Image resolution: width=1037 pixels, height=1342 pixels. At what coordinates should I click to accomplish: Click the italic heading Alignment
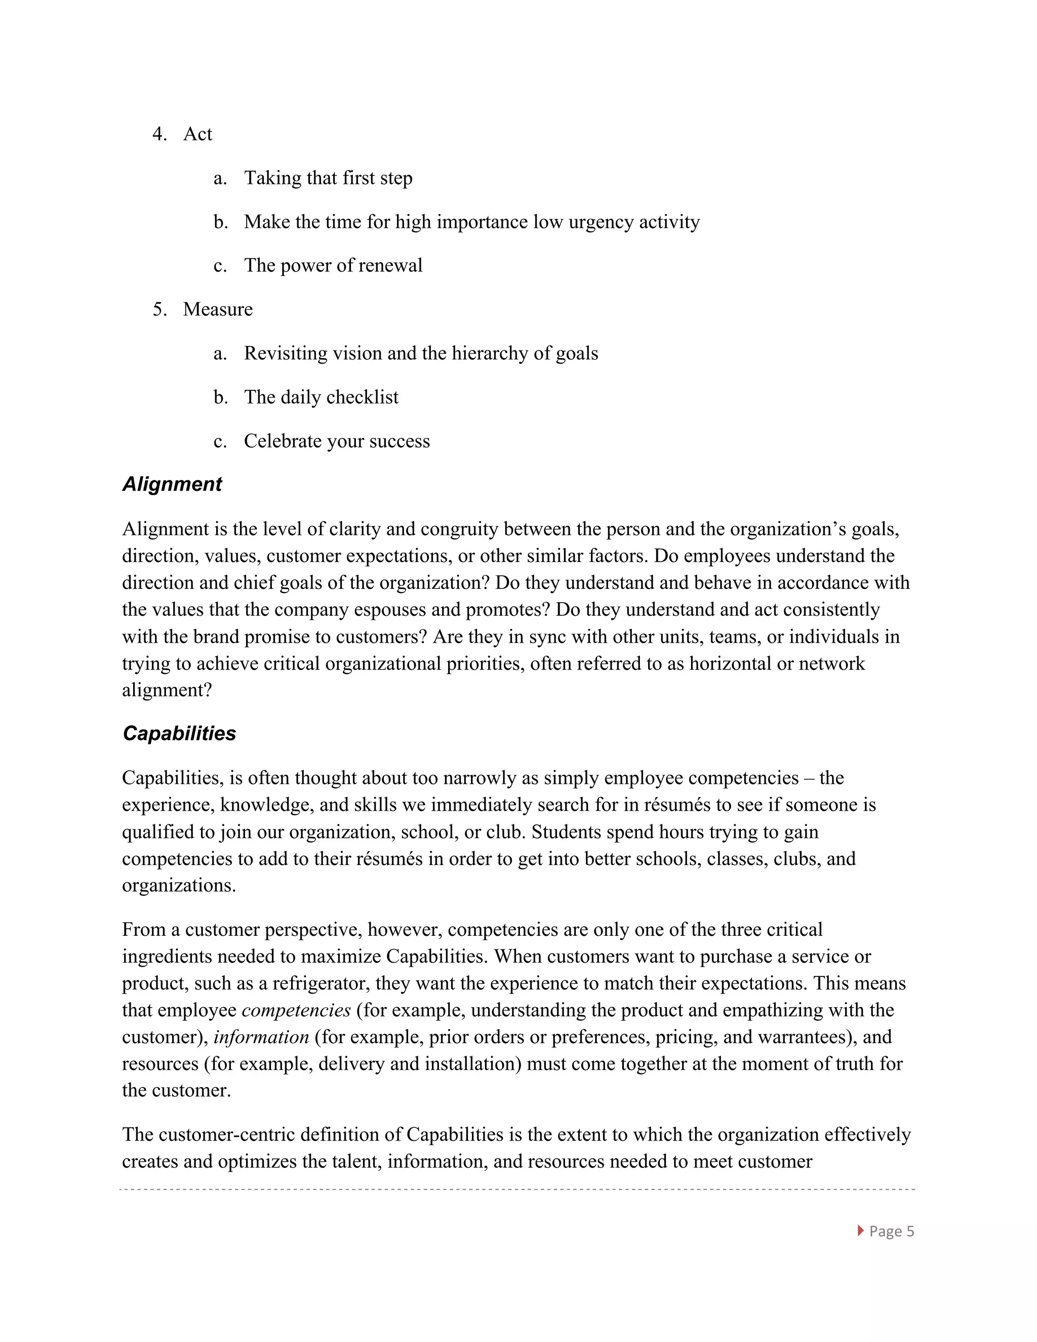coord(172,484)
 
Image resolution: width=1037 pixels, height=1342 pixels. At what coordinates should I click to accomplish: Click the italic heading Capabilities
coord(179,733)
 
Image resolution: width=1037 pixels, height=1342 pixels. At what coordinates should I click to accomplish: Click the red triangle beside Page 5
coord(860,1230)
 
